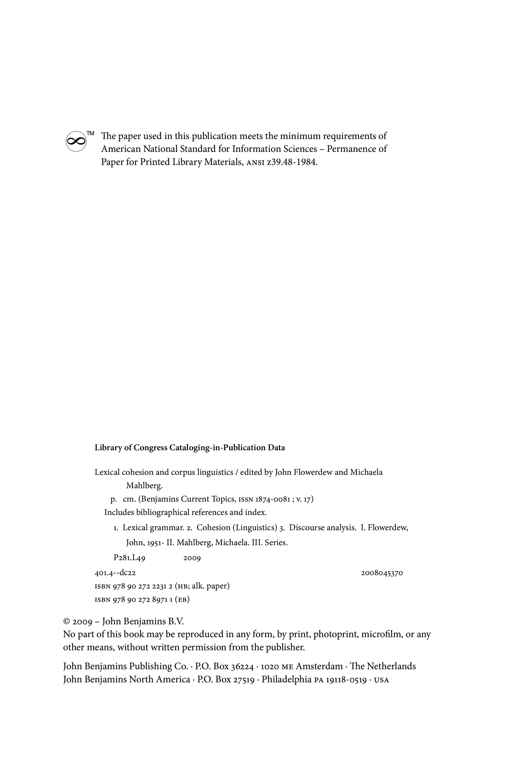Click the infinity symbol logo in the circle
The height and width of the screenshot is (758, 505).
tap(76, 141)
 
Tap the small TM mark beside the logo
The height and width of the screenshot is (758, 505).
tap(91, 133)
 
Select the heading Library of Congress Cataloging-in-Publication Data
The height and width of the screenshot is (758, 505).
tap(189, 448)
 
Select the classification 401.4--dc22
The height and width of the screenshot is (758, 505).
tap(115, 573)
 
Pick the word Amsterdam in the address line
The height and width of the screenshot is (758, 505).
tap(319, 666)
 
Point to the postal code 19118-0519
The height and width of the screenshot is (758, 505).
tap(346, 680)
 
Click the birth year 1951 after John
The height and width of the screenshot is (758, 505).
tap(156, 543)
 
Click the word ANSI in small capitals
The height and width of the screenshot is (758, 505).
tap(255, 163)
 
